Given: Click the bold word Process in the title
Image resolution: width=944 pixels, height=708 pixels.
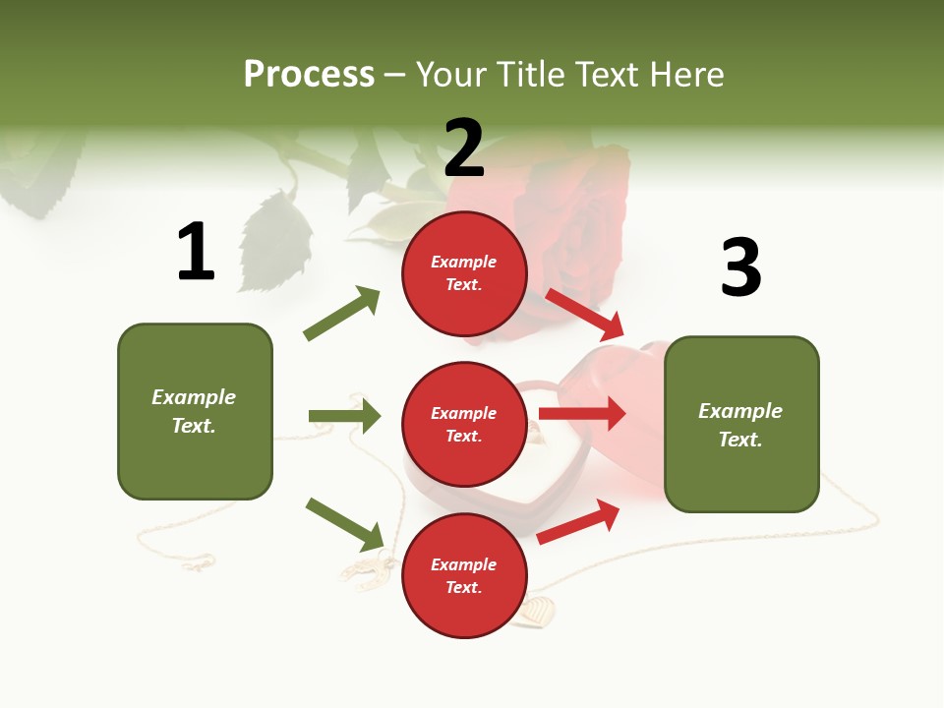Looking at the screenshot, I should pos(309,74).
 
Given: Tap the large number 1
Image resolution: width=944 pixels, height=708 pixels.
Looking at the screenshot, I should pos(196,252).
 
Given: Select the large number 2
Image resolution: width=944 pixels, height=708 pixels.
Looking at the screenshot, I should pos(464,147).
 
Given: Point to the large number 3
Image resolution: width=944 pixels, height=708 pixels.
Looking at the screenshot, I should pos(740,267).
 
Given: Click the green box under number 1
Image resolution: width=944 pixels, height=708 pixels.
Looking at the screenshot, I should pos(195,411).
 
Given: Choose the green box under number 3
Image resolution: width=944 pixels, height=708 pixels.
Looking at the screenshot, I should pos(741,424).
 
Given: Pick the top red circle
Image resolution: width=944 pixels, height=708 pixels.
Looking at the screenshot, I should pos(464,273).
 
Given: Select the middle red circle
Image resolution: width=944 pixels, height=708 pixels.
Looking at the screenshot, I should pos(464,424).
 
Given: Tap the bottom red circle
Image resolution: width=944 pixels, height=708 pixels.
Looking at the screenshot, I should pos(464,575).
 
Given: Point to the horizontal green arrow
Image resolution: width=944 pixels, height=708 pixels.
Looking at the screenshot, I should pos(344,416).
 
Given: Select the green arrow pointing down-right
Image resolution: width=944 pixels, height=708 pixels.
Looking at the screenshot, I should pos(345,524).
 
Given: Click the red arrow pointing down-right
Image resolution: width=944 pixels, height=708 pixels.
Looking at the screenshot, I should pos(585,315).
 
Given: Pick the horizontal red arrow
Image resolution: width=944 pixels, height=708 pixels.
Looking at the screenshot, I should pos(582,414).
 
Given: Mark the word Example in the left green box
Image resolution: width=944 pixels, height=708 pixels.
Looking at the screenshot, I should pos(194,397).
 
